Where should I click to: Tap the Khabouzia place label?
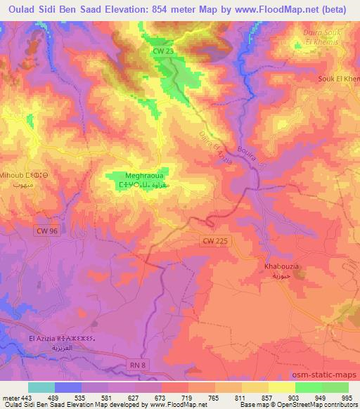point(283,268)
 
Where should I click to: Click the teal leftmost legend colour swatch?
point(41,387)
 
